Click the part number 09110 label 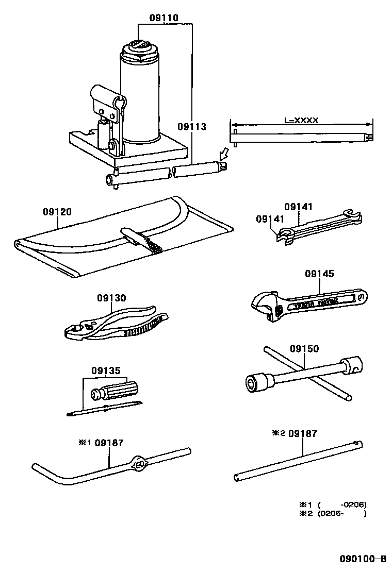pyautogui.click(x=164, y=18)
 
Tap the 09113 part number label pyautogui.click(x=192, y=126)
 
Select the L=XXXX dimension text pyautogui.click(x=301, y=120)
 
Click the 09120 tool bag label pyautogui.click(x=57, y=211)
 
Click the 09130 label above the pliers pyautogui.click(x=111, y=298)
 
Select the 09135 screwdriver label pyautogui.click(x=106, y=370)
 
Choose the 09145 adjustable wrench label pyautogui.click(x=320, y=274)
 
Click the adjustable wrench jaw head pyautogui.click(x=265, y=305)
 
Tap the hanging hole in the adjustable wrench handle pyautogui.click(x=363, y=297)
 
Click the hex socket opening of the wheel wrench pyautogui.click(x=251, y=382)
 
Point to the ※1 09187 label pyautogui.click(x=101, y=443)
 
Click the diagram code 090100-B pyautogui.click(x=362, y=559)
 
